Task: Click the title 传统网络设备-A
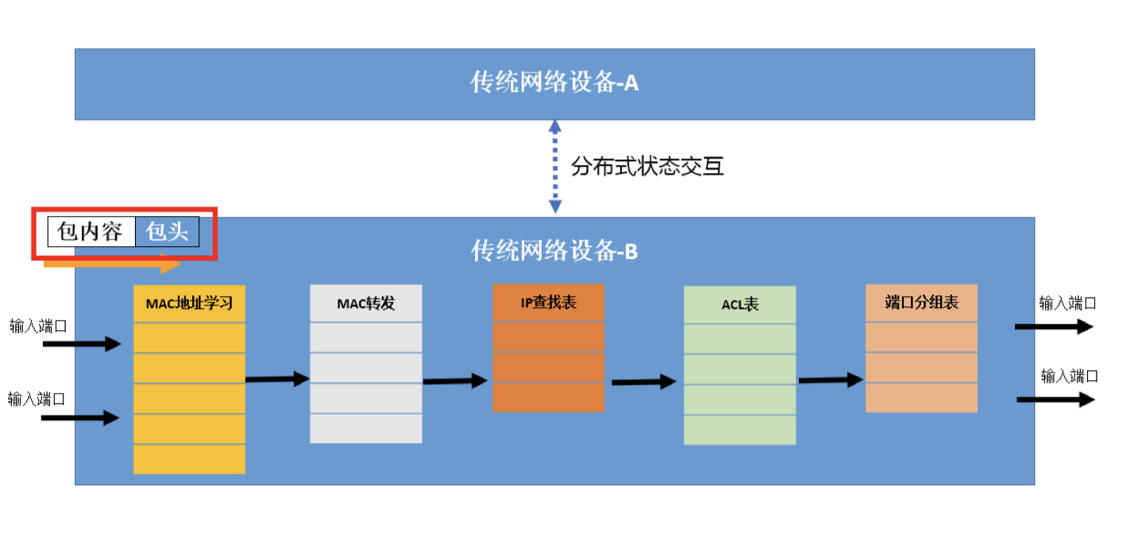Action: (554, 83)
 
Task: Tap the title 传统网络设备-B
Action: (554, 252)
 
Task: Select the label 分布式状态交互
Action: (647, 167)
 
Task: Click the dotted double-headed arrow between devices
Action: (555, 167)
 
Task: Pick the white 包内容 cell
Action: (91, 232)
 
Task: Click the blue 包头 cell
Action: (167, 232)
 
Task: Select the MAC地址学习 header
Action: (189, 303)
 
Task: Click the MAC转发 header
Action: (365, 303)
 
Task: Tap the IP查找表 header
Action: (548, 302)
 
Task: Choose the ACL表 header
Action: (739, 304)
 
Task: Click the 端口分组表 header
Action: (921, 302)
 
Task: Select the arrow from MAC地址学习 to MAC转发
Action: (277, 380)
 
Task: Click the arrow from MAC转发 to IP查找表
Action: (454, 381)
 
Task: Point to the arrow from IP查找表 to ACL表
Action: (643, 383)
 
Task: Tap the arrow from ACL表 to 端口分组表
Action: (830, 380)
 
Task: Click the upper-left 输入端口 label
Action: (37, 326)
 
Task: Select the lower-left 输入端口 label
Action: (36, 398)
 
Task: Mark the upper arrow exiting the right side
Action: (1054, 326)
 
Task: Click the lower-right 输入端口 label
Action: (1070, 376)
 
